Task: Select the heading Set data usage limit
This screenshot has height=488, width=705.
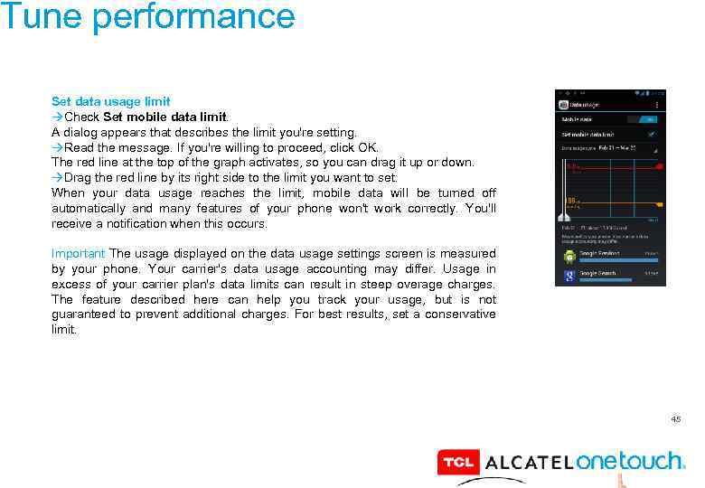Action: pyautogui.click(x=110, y=101)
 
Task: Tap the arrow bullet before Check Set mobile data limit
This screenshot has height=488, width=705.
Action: pyautogui.click(x=57, y=117)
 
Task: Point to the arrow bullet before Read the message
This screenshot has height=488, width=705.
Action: pyautogui.click(x=57, y=147)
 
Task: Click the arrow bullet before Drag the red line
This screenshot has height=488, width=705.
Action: pyautogui.click(x=57, y=178)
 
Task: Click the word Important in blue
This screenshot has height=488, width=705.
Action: pyautogui.click(x=78, y=254)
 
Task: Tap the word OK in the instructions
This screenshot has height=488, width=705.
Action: pyautogui.click(x=368, y=147)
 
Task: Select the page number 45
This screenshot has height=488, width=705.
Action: pyautogui.click(x=675, y=418)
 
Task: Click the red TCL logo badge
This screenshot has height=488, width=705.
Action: pyautogui.click(x=457, y=463)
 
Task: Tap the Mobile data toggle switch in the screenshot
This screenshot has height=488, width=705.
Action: pyautogui.click(x=648, y=119)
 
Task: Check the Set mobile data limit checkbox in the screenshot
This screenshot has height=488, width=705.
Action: pyautogui.click(x=652, y=134)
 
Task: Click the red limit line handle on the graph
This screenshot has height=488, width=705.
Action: pyautogui.click(x=659, y=167)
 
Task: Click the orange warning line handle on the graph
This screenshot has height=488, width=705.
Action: pyautogui.click(x=659, y=204)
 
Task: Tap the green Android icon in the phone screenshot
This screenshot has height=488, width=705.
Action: pyautogui.click(x=569, y=255)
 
